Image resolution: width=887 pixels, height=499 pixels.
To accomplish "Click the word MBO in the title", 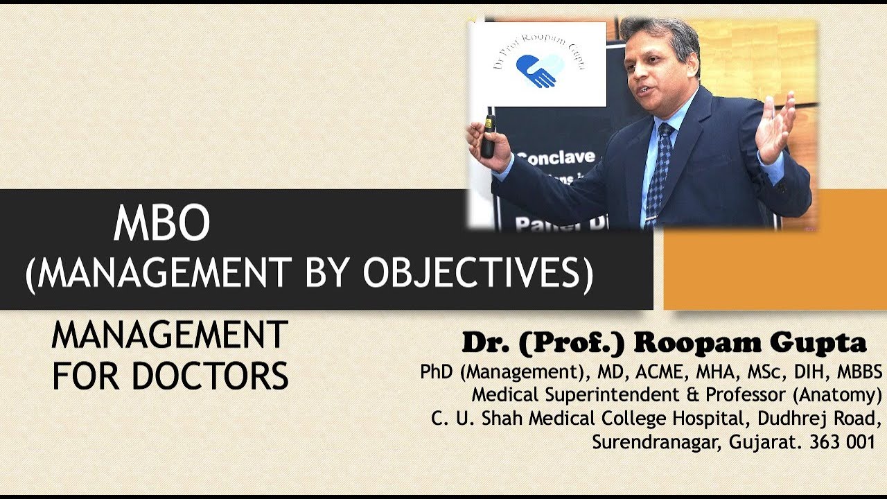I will (161, 224).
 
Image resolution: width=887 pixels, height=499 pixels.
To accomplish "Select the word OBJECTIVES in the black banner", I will (477, 274).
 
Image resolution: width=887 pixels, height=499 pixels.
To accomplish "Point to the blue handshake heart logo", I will (537, 70).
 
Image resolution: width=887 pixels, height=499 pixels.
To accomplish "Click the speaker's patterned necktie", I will (658, 173).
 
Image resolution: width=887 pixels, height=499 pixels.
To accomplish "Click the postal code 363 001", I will (843, 443).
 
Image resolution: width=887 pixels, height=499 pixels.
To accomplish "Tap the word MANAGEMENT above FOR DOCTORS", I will (170, 336).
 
